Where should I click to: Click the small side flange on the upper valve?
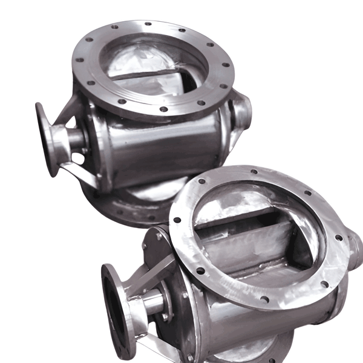pos(46,139)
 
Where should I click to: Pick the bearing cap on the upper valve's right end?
pos(242,112)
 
